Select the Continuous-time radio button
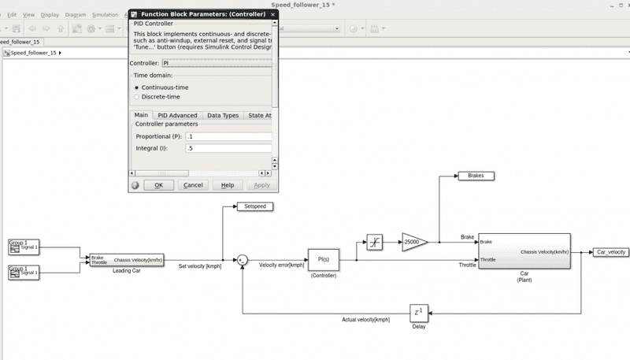tap(137, 87)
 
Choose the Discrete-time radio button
tap(137, 97)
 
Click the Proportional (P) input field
tap(228, 135)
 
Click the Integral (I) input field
tap(228, 148)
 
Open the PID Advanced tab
tap(177, 116)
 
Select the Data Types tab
tap(223, 116)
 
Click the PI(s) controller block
tap(323, 259)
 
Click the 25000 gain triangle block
tap(413, 243)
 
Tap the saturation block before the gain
tap(375, 243)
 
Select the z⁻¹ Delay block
tap(418, 313)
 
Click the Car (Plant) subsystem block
tap(524, 251)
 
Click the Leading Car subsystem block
tap(127, 259)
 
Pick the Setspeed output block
tap(255, 206)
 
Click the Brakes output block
tap(476, 176)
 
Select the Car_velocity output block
tap(610, 252)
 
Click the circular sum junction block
tap(243, 259)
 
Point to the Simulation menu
tap(105, 14)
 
